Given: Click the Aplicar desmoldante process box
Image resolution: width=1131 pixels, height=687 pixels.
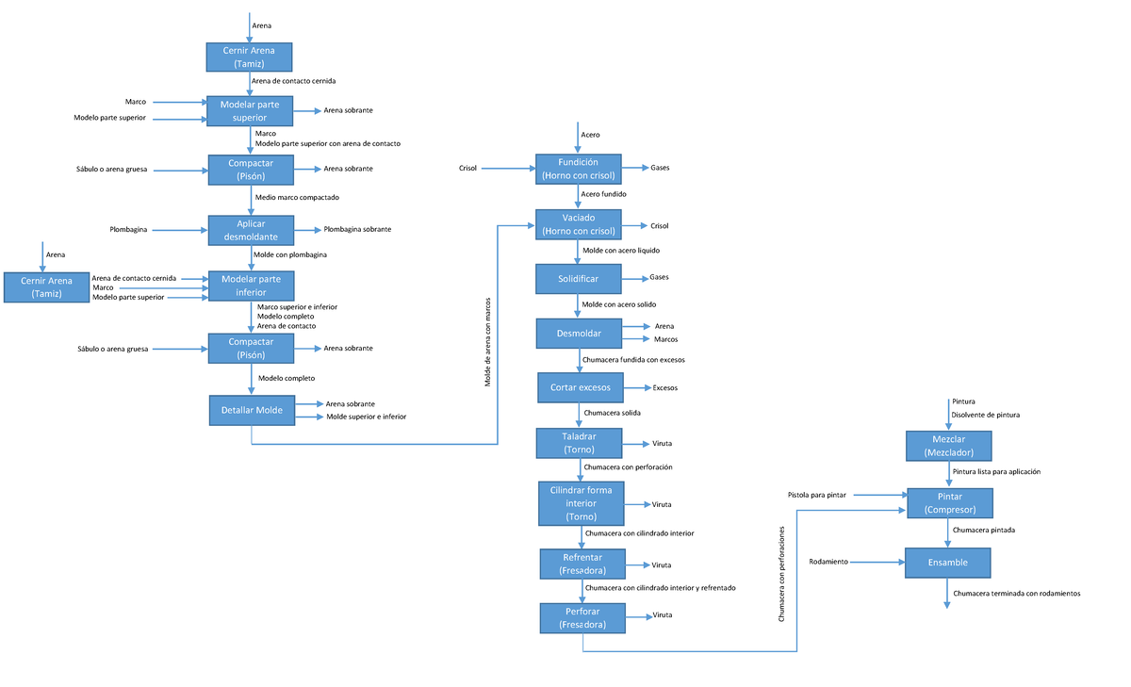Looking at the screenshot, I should point(251,230).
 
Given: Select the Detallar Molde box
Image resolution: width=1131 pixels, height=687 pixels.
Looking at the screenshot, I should point(252,410).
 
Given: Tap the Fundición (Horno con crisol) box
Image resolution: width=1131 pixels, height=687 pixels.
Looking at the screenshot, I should point(579,169).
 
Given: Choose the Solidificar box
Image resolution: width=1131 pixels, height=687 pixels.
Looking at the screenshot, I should point(579,279).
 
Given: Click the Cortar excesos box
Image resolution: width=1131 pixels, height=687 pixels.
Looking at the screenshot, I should point(580,387).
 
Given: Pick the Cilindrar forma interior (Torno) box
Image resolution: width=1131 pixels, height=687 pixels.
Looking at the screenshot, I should point(581,503).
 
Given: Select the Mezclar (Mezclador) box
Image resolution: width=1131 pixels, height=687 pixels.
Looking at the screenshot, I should point(948,446).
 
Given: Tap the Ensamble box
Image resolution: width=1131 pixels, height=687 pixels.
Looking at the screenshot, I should point(948,563).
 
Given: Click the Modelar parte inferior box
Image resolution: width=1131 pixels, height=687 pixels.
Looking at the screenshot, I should point(251,286).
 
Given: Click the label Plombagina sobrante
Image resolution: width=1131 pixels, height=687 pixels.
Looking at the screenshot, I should point(357,229).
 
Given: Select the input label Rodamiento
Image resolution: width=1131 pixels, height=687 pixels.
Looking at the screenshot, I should point(828,563).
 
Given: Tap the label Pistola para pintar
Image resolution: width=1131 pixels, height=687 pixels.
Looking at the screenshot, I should point(817,495).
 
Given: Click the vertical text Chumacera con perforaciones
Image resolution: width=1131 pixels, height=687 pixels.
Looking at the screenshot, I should point(781,574).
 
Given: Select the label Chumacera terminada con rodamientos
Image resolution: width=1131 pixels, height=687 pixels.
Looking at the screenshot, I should point(1016,594).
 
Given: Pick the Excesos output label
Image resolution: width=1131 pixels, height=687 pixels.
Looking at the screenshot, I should point(665,387).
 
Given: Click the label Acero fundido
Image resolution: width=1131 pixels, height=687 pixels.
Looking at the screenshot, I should point(604,194).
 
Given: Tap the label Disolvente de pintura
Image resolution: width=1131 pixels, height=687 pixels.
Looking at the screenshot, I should point(985,415).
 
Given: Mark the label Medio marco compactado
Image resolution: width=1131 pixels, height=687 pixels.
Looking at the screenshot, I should point(297,197).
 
